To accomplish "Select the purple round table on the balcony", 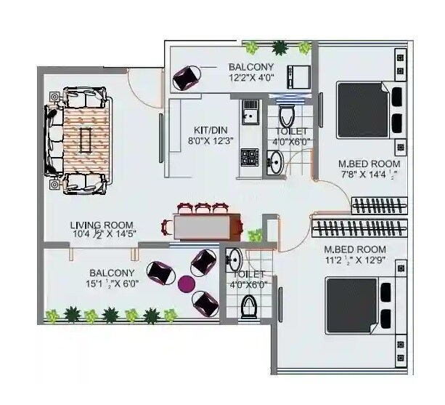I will tap(187, 283).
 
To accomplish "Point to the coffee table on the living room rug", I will tap(86, 138).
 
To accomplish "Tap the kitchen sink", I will tap(250, 113).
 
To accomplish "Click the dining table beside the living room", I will tap(206, 227).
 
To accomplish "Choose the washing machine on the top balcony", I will tap(299, 75).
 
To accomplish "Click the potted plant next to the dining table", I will tap(255, 235).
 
